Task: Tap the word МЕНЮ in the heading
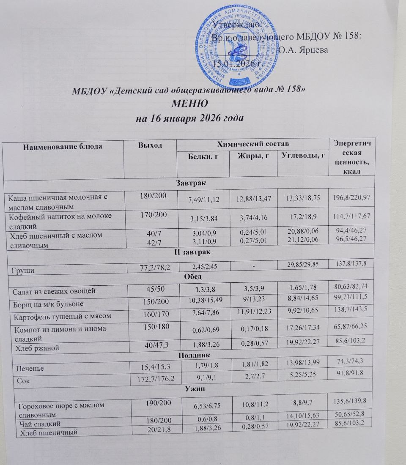point(189,104)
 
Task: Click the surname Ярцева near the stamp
point(310,49)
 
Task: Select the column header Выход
point(150,145)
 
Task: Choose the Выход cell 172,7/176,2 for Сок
point(150,379)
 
